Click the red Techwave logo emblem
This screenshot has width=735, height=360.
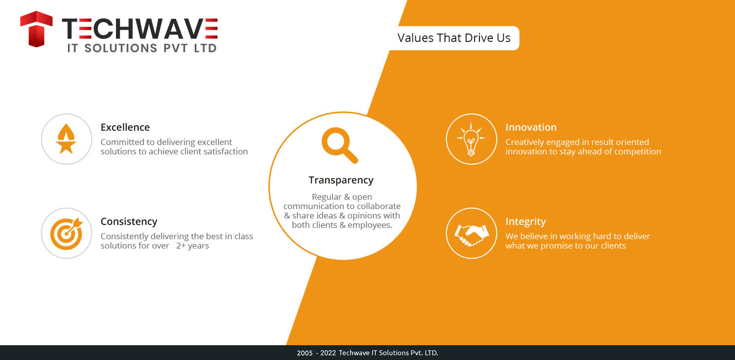point(36,29)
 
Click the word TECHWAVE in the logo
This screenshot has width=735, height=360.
point(140,29)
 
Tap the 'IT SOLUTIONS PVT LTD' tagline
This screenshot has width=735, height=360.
point(142,48)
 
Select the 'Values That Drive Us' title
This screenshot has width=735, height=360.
point(454,38)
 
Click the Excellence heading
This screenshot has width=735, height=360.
point(125,127)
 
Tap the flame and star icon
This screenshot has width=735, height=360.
point(66,139)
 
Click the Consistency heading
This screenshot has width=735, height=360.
point(129,222)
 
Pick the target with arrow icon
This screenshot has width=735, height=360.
point(67,233)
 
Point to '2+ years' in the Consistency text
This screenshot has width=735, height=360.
point(192,246)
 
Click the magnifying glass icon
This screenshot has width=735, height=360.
point(339,145)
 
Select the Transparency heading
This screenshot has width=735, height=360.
point(341,180)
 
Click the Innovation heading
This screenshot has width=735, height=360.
point(531,127)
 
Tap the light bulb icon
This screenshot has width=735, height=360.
point(471,139)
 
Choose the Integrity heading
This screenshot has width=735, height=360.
point(526,222)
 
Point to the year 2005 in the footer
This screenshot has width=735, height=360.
point(305,353)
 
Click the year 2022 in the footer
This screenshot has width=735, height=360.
point(328,353)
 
